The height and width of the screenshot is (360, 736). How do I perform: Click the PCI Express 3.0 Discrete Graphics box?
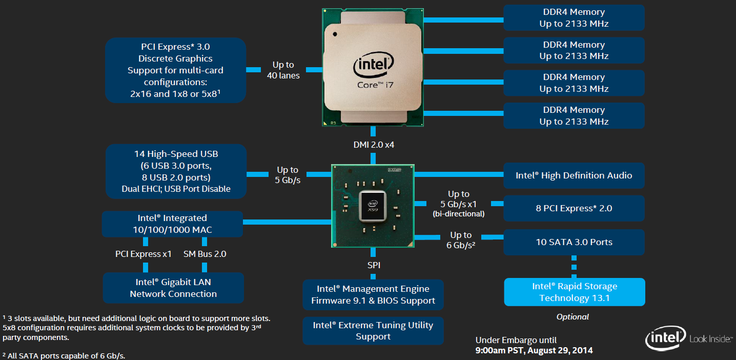175,70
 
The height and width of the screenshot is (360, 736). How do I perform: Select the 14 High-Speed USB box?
175,171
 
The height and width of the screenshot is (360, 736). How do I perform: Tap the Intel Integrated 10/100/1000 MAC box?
172,224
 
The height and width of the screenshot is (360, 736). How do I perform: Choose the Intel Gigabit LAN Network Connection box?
173,288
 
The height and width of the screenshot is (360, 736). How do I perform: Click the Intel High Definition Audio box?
574,175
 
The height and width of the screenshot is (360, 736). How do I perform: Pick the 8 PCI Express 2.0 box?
574,208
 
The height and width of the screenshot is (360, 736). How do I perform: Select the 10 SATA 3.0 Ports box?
574,242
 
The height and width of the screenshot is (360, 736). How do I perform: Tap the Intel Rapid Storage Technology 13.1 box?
574,292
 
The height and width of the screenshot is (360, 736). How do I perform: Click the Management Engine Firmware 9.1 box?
373,294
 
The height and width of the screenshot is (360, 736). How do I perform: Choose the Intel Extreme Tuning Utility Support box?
373,331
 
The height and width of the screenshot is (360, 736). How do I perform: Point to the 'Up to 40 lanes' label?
283,70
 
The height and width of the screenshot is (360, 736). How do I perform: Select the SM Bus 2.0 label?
205,254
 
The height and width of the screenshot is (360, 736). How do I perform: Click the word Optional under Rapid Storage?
573,317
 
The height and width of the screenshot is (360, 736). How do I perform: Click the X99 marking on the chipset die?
373,210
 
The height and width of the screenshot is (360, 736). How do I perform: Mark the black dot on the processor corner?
335,34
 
